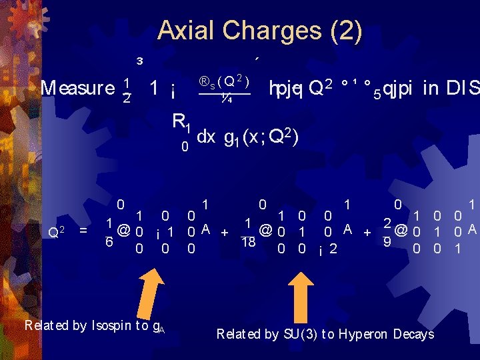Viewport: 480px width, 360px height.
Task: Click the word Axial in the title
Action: (x=187, y=31)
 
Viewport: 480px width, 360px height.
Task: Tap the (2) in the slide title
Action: (x=345, y=31)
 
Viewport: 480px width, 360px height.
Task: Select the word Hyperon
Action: (x=364, y=334)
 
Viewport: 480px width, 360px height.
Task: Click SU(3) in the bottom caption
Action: (x=297, y=334)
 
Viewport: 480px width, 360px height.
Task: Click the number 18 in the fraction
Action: (x=247, y=243)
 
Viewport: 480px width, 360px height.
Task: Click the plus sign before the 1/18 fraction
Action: (x=225, y=232)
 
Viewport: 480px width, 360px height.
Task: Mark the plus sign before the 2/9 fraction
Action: (x=366, y=232)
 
